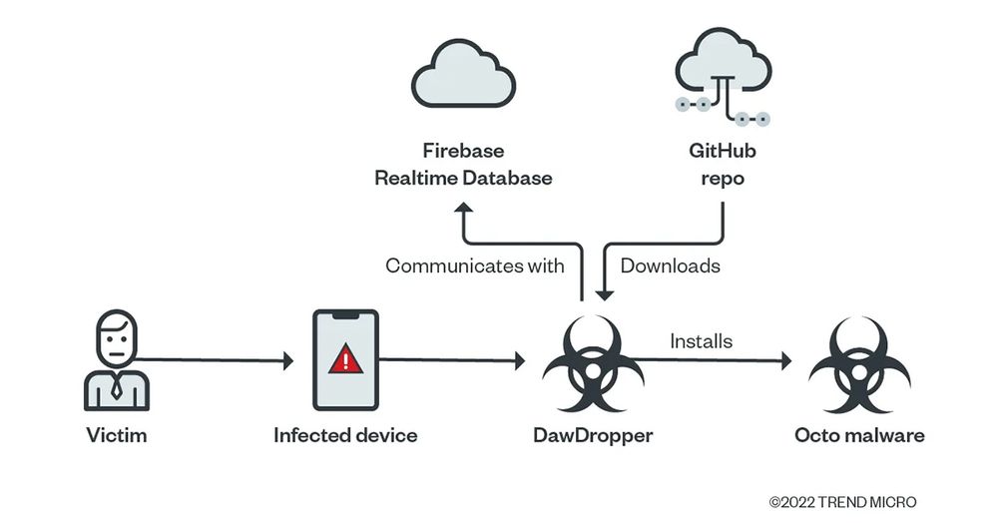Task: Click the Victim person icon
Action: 117,360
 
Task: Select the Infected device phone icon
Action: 346,360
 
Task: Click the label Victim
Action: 116,436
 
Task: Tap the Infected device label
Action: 345,436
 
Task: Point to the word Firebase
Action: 463,153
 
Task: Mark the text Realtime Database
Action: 463,178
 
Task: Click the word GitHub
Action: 722,153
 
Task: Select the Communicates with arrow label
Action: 475,265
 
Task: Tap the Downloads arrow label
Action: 671,265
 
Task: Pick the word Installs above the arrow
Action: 700,341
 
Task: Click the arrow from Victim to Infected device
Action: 215,359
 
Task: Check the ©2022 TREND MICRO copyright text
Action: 842,502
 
